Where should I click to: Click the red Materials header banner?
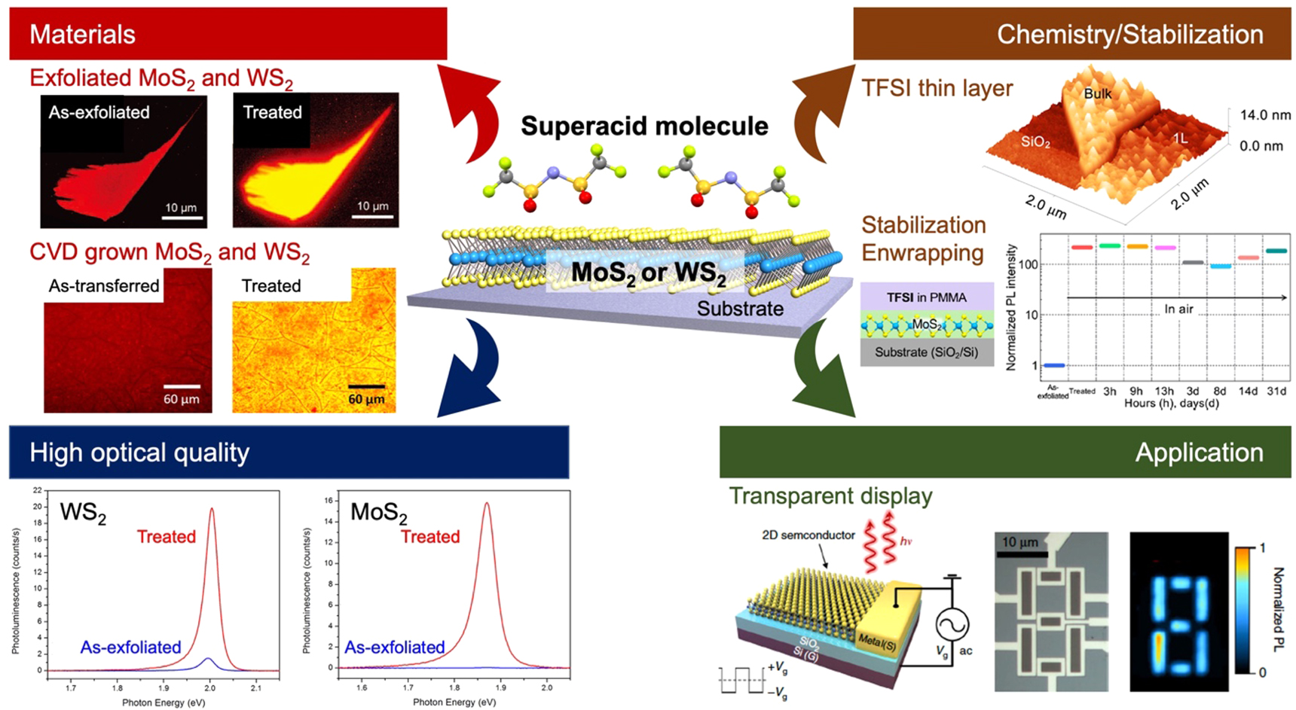[x=226, y=34]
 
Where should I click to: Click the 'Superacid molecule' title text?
[x=644, y=126]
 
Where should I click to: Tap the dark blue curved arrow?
[x=471, y=369]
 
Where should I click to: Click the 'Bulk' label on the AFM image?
[x=1097, y=93]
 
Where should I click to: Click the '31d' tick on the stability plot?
[x=1276, y=391]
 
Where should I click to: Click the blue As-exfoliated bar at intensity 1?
[x=1053, y=365]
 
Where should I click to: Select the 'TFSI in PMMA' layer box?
[x=926, y=297]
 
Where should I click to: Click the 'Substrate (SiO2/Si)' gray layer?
[x=926, y=352]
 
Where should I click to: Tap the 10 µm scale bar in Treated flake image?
[x=373, y=215]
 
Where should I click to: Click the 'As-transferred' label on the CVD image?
[x=104, y=286]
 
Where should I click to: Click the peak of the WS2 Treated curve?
[x=212, y=509]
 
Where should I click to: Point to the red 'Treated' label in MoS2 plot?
[x=430, y=537]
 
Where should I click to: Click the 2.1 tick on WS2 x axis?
[x=256, y=687]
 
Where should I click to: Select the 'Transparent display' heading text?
[x=830, y=496]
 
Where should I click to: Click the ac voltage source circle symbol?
[x=952, y=624]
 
